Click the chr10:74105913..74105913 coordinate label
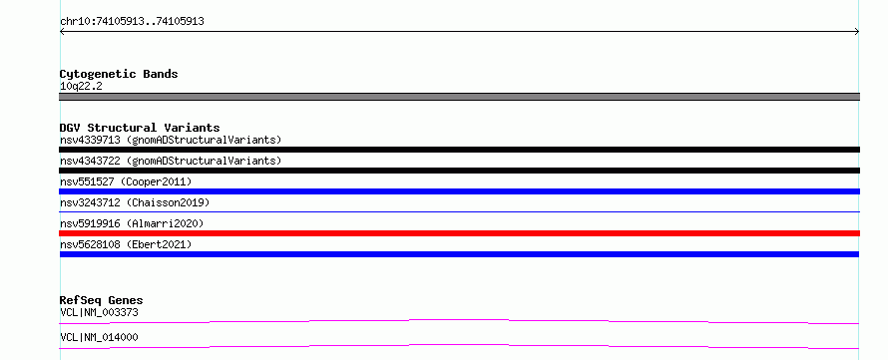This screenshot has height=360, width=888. click(x=132, y=22)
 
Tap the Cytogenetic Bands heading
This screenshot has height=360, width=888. click(x=119, y=74)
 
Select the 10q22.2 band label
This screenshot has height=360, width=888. click(x=81, y=87)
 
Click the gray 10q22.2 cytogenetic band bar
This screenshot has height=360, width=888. click(x=459, y=97)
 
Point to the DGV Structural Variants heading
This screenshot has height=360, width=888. click(x=140, y=128)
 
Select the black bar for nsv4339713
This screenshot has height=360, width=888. click(x=459, y=150)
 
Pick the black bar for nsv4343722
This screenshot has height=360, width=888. click(x=459, y=171)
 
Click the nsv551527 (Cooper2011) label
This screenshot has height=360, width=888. click(x=126, y=181)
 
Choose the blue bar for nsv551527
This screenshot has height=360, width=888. click(x=459, y=191)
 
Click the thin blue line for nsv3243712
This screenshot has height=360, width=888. click(x=459, y=211)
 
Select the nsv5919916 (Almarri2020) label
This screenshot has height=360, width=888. click(x=132, y=223)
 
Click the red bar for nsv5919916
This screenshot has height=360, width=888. click(x=459, y=233)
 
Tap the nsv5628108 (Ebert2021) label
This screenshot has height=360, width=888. click(x=126, y=244)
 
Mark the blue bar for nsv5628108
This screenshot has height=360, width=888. click(x=459, y=254)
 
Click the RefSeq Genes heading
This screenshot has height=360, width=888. click(x=102, y=300)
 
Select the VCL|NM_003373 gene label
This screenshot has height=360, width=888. click(x=99, y=312)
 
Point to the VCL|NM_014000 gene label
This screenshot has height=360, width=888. click(x=99, y=337)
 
